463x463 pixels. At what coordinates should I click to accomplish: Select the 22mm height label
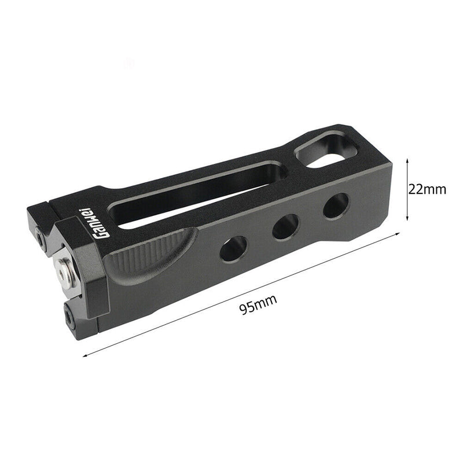click(x=427, y=189)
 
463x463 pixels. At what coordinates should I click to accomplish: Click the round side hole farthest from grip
click(x=336, y=205)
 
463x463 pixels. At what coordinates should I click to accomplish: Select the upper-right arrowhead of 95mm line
click(x=398, y=233)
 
